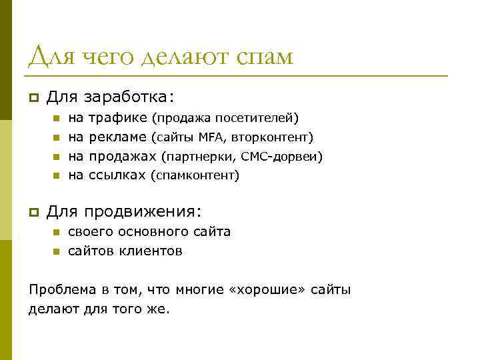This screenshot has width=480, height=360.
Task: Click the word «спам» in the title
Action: tap(264, 58)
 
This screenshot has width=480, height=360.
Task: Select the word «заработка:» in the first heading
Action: tap(129, 97)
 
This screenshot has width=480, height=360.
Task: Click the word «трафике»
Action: tap(118, 118)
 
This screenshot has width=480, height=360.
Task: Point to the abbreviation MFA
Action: tap(211, 137)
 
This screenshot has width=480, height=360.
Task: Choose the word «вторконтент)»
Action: tap(273, 137)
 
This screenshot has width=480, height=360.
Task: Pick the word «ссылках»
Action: tap(117, 175)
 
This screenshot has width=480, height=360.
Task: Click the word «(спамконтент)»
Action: tap(195, 175)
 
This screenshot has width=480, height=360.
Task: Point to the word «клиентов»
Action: tap(151, 251)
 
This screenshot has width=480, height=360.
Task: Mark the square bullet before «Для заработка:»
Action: tap(32, 98)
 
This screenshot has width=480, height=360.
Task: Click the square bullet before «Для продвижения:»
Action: tap(32, 212)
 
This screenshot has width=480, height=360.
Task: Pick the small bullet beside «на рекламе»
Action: tap(57, 138)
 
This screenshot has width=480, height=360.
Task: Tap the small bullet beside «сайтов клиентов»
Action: tap(57, 252)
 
